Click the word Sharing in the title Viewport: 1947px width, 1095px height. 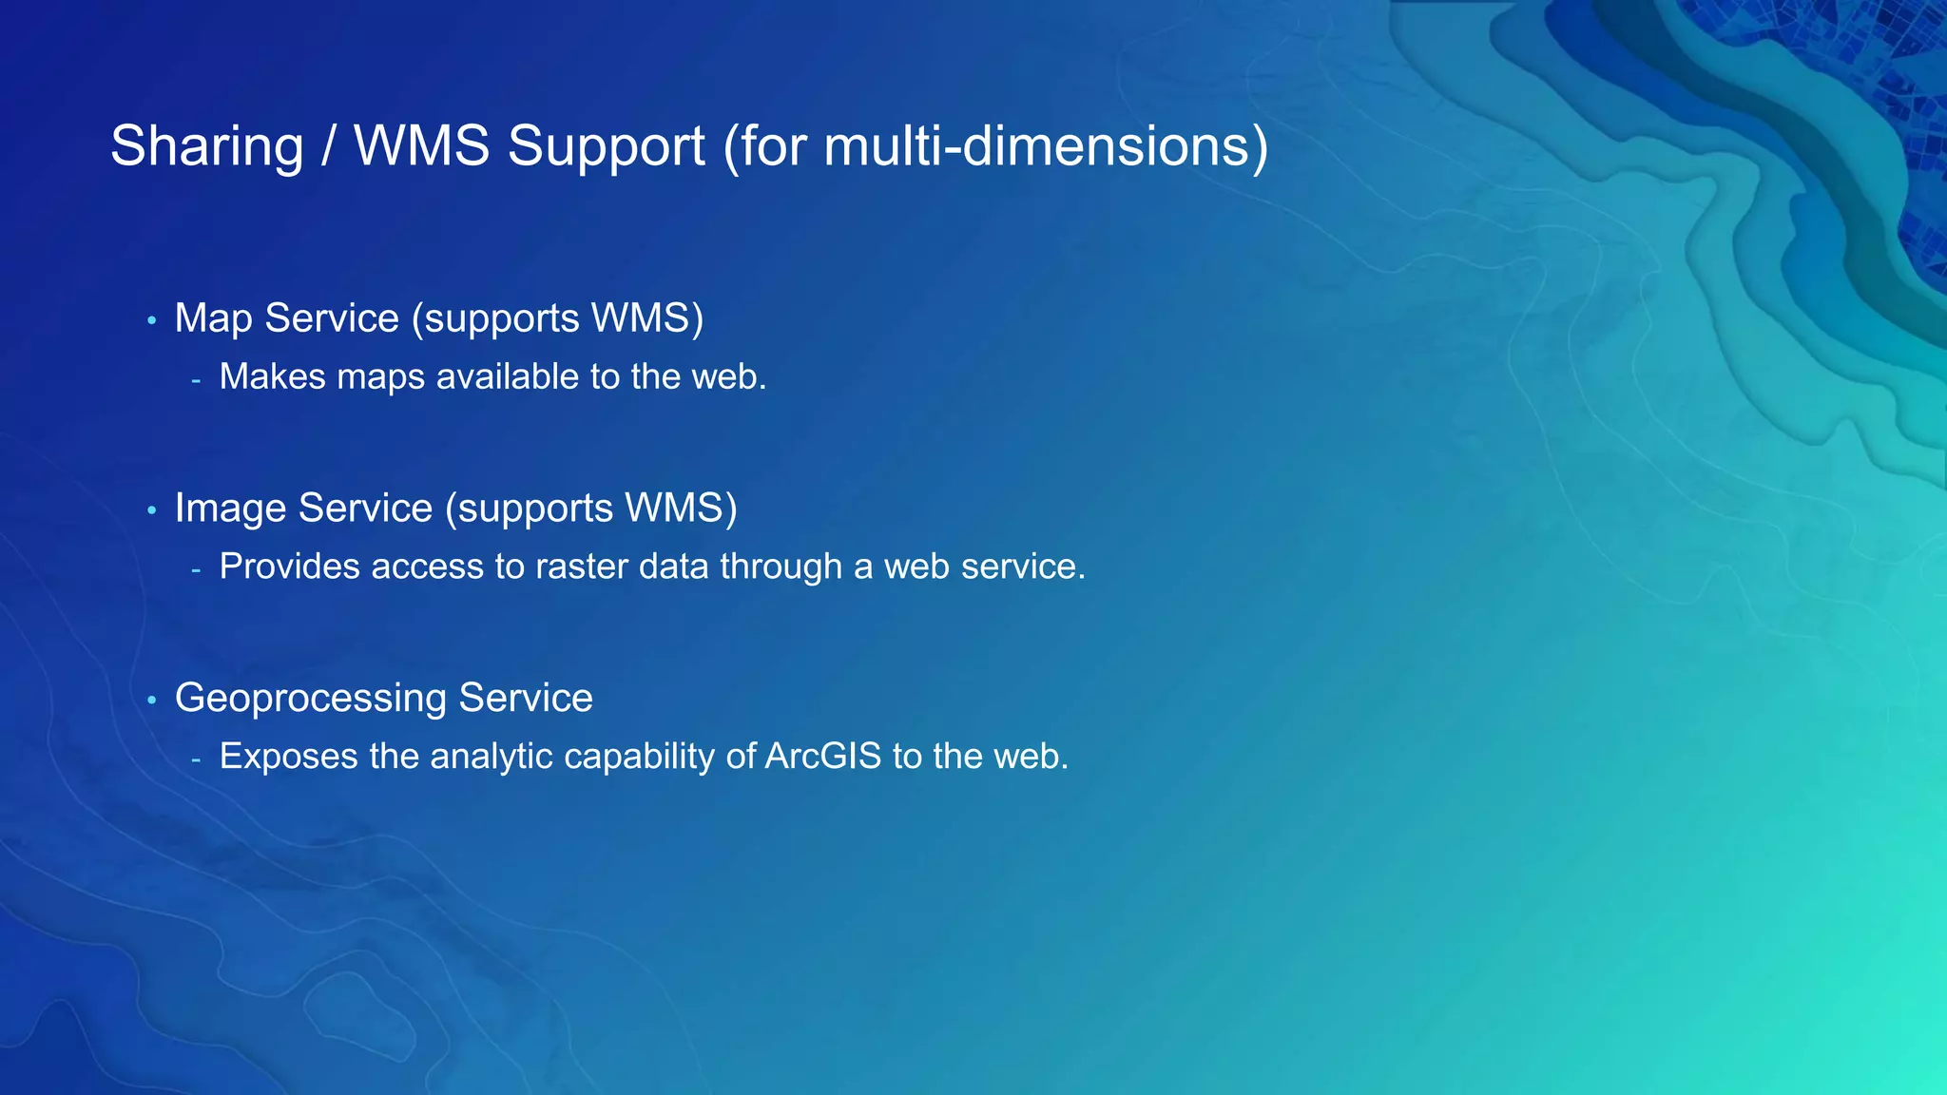(206, 147)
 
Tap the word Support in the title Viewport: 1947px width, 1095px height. (606, 147)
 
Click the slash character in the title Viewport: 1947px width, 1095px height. (328, 147)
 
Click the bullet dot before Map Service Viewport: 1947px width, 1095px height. (151, 321)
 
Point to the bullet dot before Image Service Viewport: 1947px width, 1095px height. (151, 511)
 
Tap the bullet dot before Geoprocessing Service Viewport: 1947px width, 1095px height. (151, 701)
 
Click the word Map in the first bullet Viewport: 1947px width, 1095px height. (213, 319)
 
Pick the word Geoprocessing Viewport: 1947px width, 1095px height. (311, 700)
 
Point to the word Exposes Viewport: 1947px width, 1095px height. (288, 758)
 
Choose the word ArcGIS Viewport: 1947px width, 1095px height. (823, 758)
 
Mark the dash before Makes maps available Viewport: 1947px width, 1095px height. (196, 380)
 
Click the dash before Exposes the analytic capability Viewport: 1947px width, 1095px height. (196, 760)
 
